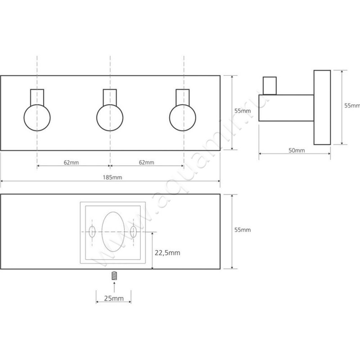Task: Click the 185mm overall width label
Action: click(112, 177)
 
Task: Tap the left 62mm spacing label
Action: click(71, 162)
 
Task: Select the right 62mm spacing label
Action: click(147, 162)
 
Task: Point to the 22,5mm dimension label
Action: click(167, 253)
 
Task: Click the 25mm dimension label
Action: click(114, 298)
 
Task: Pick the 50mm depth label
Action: click(297, 150)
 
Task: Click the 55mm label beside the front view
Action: click(243, 111)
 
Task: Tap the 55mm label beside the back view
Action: click(243, 230)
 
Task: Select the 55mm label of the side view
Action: click(352, 105)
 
